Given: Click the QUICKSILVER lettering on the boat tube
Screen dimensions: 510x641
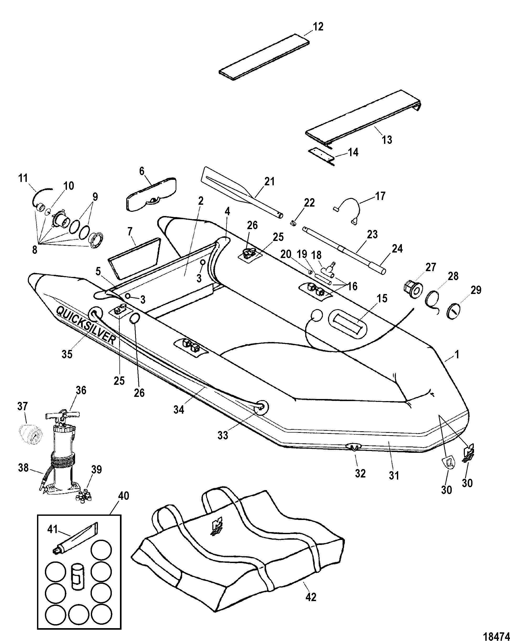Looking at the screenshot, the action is click(x=85, y=325).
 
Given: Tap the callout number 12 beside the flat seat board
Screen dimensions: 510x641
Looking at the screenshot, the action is click(x=318, y=27).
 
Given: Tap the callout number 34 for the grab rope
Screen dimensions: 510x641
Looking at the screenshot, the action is click(x=179, y=410).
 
